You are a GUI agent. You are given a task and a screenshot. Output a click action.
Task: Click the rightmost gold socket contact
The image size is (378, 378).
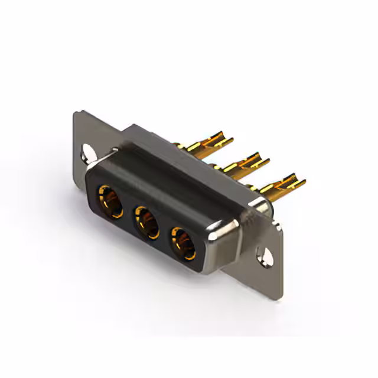(183, 243)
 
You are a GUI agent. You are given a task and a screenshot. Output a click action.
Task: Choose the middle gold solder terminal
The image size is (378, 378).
(242, 165)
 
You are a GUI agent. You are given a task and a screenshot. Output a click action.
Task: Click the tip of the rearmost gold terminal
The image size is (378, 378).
(231, 139)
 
